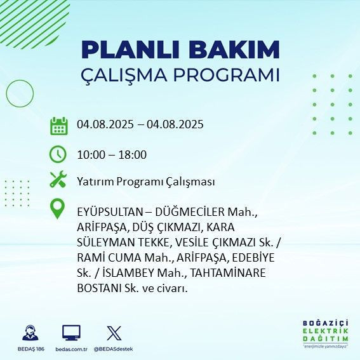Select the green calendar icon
[x=58, y=125]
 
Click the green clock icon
[x=58, y=154]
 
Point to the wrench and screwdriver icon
[x=58, y=180]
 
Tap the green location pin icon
[x=58, y=209]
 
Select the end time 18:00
[x=134, y=154]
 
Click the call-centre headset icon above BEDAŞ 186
[x=29, y=333]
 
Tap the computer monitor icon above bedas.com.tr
[x=71, y=333]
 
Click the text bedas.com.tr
[x=71, y=349]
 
